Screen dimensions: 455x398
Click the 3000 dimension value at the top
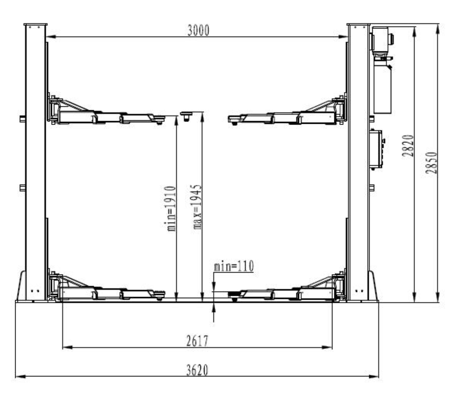tap(198, 30)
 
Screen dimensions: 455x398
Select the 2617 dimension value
tap(197, 341)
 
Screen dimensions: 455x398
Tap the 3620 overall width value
tap(197, 370)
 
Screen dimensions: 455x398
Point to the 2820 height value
tap(408, 146)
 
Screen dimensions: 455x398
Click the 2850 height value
tap(431, 163)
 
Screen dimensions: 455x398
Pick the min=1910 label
tap(172, 209)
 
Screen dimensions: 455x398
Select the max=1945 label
tap(197, 207)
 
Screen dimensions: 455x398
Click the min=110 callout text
tap(234, 266)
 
